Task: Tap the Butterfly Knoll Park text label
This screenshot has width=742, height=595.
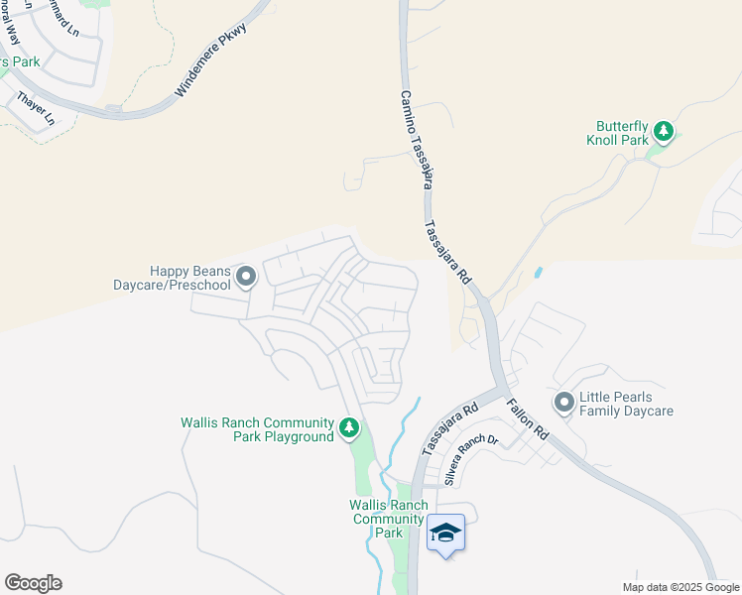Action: click(622, 133)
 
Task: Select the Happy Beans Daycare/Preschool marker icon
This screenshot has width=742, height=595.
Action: click(245, 276)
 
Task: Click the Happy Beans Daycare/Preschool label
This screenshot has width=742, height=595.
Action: click(189, 278)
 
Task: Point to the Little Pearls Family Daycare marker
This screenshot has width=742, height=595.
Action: click(564, 402)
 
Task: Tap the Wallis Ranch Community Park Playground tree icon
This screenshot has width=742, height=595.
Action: click(348, 427)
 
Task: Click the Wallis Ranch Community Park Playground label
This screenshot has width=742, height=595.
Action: click(257, 429)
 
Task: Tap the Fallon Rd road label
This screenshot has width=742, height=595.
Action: click(528, 419)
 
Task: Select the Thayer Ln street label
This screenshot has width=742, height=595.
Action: click(35, 110)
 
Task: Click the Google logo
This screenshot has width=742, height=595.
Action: click(33, 583)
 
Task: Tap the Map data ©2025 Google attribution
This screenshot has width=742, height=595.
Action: click(680, 587)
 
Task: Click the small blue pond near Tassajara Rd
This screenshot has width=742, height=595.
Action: click(538, 271)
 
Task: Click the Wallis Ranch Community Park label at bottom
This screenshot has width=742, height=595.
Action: click(388, 519)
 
